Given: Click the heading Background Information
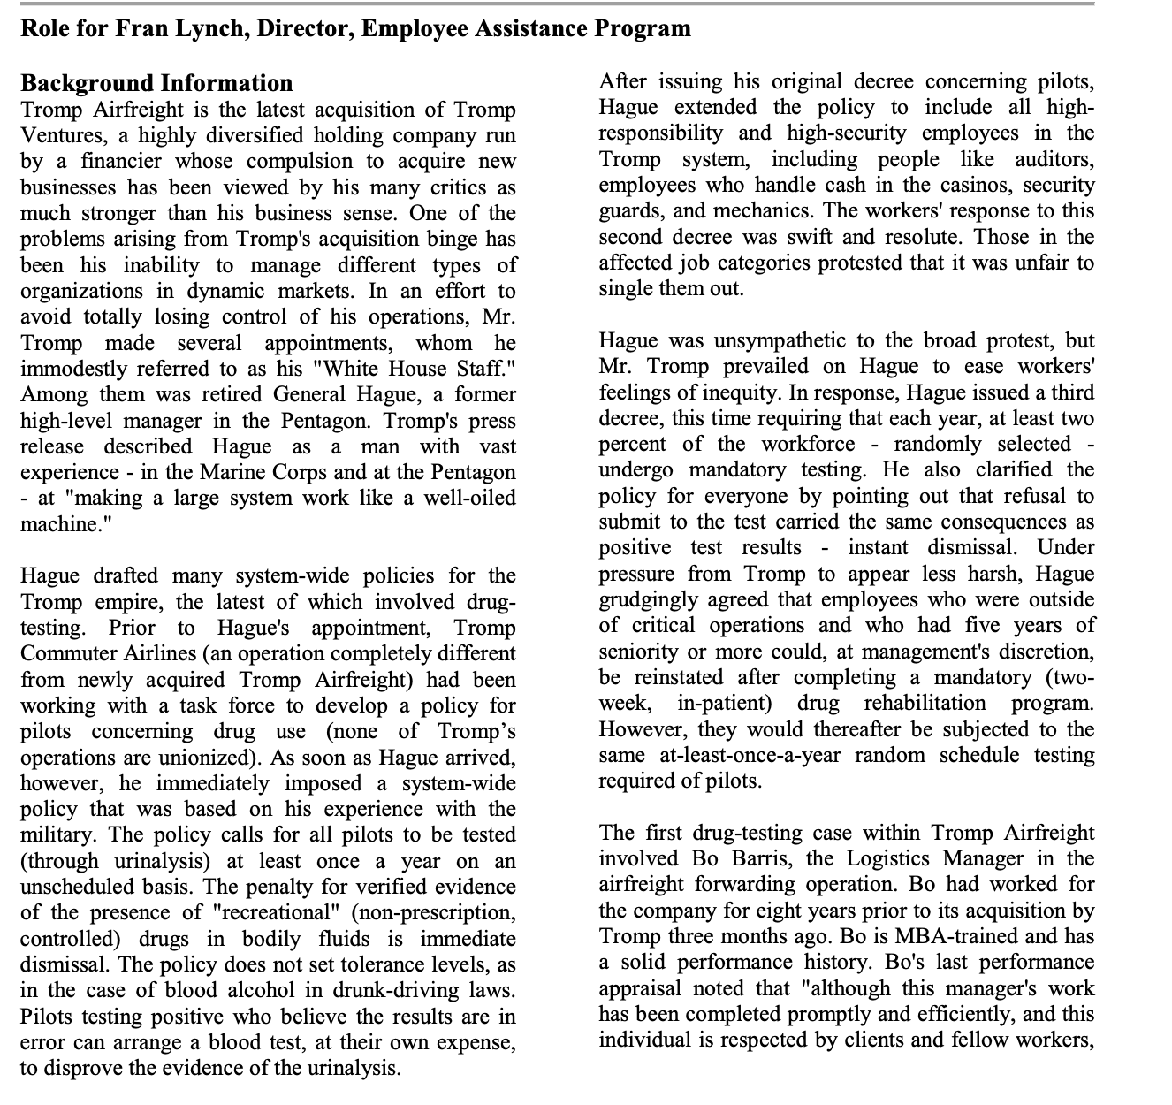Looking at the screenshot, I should (156, 83).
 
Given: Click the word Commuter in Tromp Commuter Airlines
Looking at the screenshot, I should (65, 654).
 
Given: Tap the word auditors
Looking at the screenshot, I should (1055, 160).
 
